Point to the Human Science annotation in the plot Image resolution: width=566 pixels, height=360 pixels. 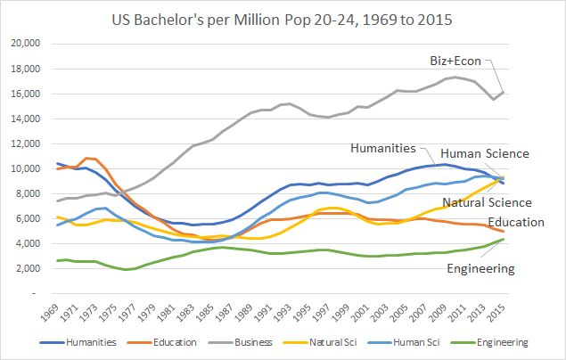(x=484, y=153)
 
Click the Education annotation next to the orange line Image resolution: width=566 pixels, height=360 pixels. (x=518, y=221)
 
